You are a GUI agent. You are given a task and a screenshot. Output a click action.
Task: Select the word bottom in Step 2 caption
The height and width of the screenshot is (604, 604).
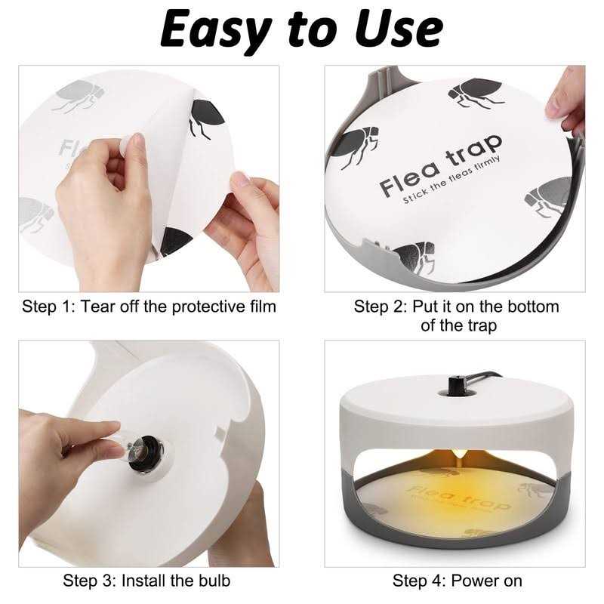pos(533,307)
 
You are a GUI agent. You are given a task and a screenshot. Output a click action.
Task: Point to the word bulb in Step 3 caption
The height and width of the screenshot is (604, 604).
pos(214,581)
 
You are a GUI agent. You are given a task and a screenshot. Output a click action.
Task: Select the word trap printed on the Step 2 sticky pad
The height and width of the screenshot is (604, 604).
pos(474,149)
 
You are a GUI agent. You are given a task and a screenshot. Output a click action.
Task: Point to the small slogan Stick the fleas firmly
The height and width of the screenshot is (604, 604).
pos(451,180)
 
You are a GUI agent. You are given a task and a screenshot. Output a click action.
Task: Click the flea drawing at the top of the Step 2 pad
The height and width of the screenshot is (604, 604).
pos(476,92)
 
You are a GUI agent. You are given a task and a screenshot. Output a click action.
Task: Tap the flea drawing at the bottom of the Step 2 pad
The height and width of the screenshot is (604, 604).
pos(414,257)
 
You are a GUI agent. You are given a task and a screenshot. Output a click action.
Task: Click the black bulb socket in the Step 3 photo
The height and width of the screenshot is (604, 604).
pos(145,454)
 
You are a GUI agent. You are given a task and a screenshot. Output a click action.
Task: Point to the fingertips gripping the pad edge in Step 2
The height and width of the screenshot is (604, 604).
pos(565,101)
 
